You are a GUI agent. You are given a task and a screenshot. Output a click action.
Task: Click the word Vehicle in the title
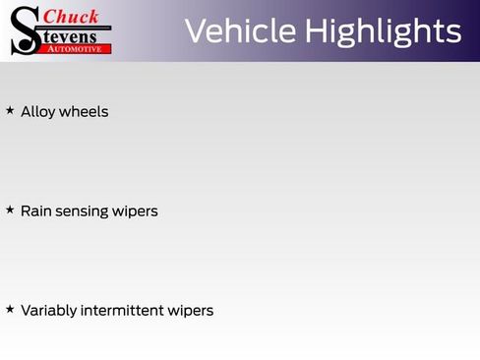coord(239,30)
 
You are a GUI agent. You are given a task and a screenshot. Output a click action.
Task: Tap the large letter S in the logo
coord(25,31)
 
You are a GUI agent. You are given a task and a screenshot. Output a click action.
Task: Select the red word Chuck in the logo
coord(72,17)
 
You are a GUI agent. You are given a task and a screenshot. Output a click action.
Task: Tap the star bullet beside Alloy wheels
coord(10,111)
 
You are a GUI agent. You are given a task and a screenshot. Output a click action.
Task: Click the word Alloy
coord(37,112)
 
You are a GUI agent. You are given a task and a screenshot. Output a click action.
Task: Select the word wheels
coord(84,112)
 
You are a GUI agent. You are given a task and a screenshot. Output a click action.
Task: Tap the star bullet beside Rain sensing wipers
coord(10,210)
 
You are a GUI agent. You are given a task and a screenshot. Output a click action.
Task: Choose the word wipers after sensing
coord(135,212)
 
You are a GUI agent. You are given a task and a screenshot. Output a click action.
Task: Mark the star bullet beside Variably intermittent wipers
coord(10,310)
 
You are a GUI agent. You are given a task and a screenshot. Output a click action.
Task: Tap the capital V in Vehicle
coord(197,30)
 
